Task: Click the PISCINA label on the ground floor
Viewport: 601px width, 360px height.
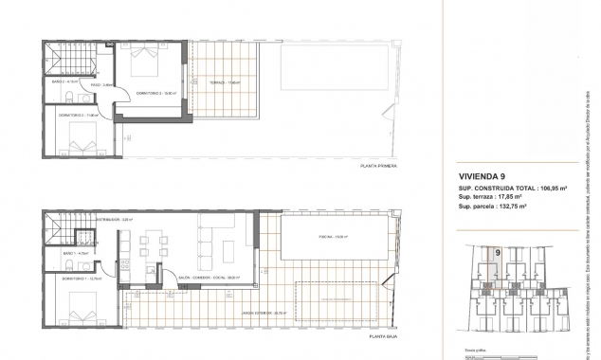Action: coord(326,238)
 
